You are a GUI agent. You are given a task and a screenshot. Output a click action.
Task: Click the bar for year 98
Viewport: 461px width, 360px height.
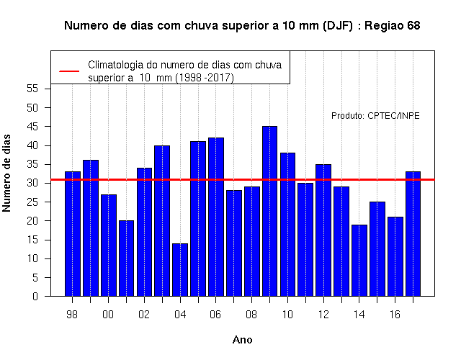tap(73, 233)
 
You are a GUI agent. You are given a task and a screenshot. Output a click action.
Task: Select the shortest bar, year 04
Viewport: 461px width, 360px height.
tap(180, 270)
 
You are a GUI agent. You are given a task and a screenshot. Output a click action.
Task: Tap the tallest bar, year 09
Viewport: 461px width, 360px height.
tap(269, 211)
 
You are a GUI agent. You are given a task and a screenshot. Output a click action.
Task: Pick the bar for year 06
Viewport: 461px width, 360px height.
tap(216, 217)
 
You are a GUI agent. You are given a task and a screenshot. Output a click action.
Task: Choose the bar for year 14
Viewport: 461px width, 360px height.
tap(359, 261)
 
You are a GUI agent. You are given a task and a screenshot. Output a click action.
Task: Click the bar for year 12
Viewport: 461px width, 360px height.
tap(323, 230)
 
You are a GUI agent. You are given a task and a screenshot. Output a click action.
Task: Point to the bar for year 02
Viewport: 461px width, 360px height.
tap(144, 232)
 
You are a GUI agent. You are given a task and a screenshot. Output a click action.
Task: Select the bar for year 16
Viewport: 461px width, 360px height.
tap(395, 256)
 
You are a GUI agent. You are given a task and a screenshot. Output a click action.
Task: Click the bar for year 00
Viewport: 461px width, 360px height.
tap(109, 246)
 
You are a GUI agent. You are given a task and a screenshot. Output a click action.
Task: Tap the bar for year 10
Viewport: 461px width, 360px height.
tap(287, 225)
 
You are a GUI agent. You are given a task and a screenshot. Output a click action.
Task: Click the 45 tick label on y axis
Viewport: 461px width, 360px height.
tap(32, 127)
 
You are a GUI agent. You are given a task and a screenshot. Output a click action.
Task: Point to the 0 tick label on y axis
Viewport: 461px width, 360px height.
tap(35, 296)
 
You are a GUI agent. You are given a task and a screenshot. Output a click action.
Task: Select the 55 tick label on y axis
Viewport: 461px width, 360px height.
tap(32, 89)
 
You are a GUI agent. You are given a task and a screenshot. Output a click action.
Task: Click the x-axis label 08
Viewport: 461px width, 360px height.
tap(251, 315)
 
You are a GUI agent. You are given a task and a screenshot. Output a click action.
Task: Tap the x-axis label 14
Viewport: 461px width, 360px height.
tap(359, 315)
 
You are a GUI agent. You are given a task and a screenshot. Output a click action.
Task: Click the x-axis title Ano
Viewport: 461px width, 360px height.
tap(242, 340)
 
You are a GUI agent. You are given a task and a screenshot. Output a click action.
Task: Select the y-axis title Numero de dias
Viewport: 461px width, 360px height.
tap(6, 173)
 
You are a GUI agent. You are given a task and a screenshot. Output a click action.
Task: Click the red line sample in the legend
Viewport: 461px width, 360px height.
tap(69, 71)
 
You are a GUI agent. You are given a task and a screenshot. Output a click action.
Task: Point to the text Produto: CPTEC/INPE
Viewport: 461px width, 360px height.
tap(375, 116)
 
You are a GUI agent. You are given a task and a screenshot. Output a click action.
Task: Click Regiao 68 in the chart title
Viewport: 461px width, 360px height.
tap(392, 26)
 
